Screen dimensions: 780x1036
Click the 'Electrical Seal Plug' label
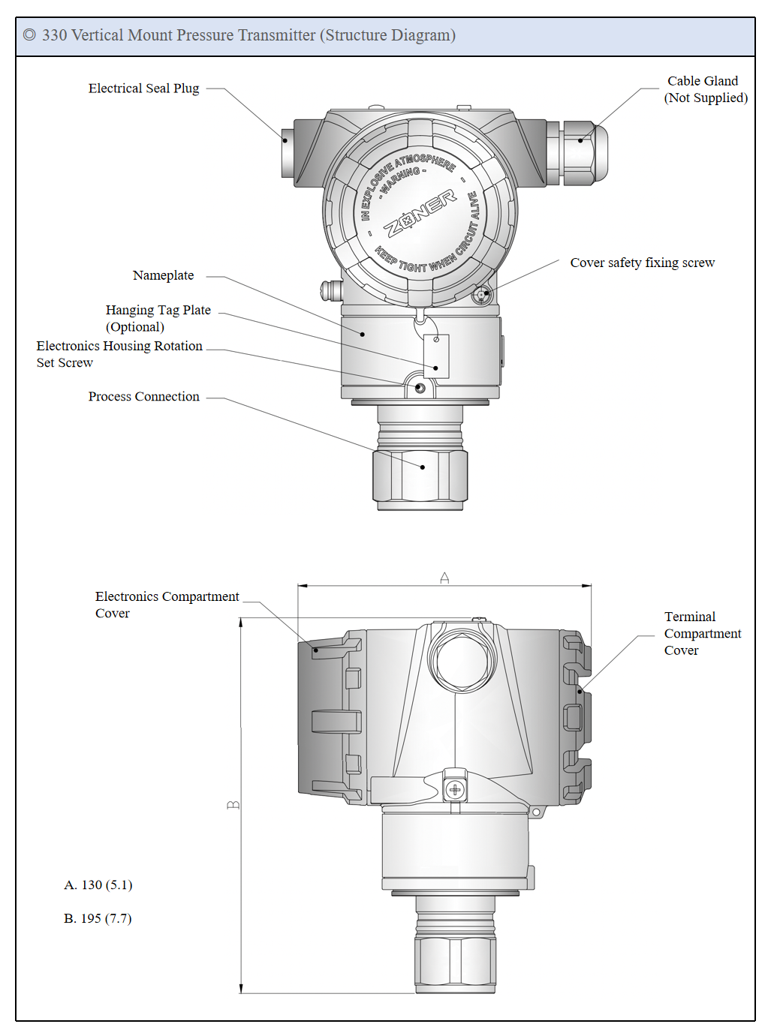point(143,89)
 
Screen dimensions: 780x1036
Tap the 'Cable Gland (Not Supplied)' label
point(706,89)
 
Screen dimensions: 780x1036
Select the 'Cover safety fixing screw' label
point(642,263)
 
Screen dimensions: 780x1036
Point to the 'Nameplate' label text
point(164,275)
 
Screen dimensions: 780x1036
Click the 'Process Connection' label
point(143,396)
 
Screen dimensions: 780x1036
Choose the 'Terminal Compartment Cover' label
point(703,633)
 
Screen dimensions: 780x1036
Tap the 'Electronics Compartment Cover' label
point(167,605)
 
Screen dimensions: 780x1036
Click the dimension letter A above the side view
point(444,578)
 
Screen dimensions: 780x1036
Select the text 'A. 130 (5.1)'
point(98,884)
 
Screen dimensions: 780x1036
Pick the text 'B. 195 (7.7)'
point(98,918)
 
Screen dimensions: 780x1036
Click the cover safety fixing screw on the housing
point(482,296)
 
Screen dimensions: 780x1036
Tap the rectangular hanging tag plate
point(436,356)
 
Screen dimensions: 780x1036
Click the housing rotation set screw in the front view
point(420,389)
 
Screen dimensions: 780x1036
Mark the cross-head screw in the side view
point(455,789)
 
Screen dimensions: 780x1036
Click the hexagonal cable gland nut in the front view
point(583,153)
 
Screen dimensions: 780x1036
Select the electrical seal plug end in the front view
point(288,153)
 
